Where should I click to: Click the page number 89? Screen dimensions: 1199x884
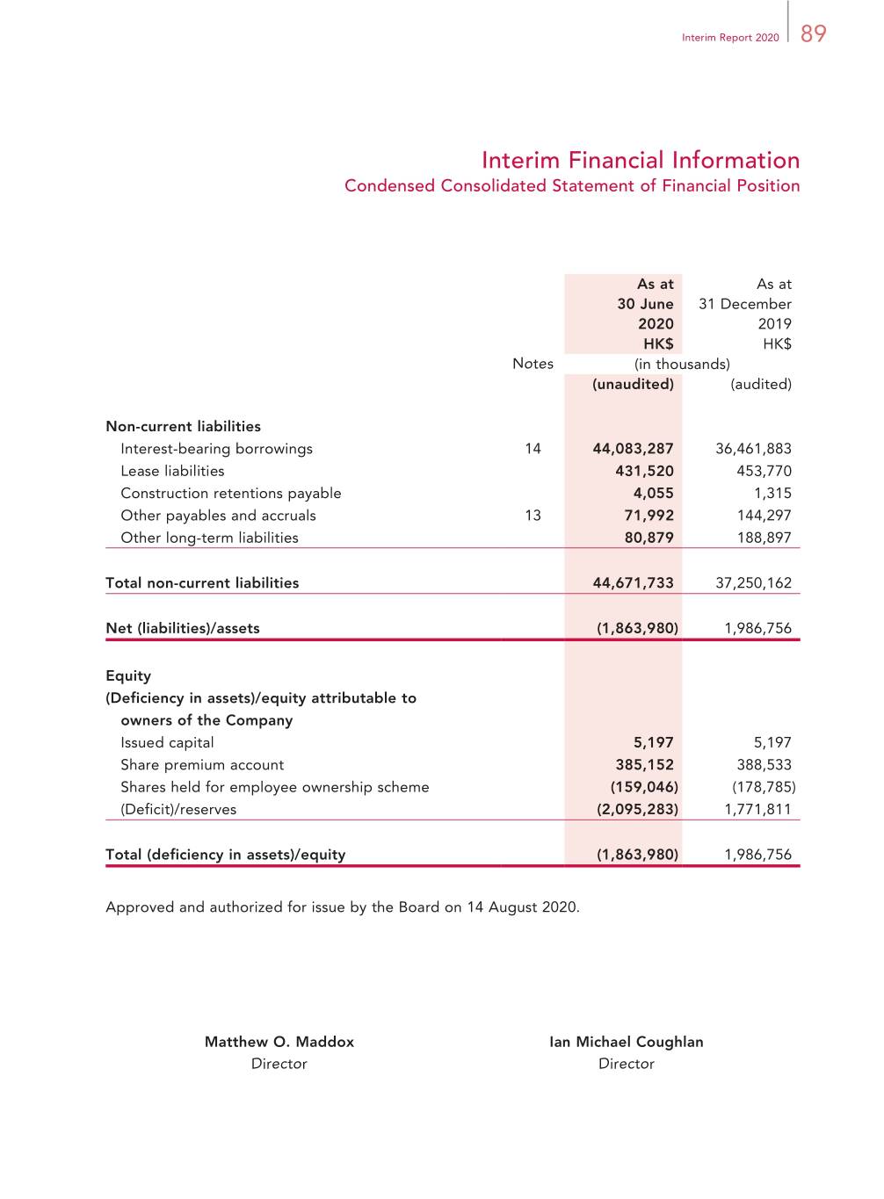click(x=813, y=33)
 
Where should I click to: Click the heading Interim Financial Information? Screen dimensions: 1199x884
click(x=640, y=160)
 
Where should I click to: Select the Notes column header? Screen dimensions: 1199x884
click(x=533, y=364)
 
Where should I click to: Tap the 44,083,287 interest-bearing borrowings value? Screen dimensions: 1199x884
click(x=633, y=449)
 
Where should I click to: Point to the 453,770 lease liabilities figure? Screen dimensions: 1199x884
click(x=764, y=471)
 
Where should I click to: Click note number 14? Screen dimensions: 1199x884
click(x=533, y=449)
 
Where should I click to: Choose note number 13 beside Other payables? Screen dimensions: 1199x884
click(x=533, y=516)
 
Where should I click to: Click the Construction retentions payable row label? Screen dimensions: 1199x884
click(x=230, y=494)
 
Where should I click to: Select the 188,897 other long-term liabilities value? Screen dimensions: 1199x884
click(x=764, y=538)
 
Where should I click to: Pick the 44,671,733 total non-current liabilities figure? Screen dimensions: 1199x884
click(x=633, y=583)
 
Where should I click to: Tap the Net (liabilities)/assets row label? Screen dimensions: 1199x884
click(x=183, y=628)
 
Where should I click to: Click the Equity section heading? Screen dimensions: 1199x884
click(x=128, y=675)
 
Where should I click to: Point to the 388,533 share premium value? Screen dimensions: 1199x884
click(x=764, y=765)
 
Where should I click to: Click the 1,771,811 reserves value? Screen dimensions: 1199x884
click(x=757, y=810)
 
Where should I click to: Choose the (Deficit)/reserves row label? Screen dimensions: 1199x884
click(x=178, y=810)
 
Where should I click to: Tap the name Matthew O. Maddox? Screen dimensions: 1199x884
click(x=279, y=1042)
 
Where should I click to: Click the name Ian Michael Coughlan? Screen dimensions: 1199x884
click(x=627, y=1042)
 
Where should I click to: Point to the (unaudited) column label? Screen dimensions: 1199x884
click(x=633, y=384)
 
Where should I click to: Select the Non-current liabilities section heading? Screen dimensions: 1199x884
click(x=183, y=427)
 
